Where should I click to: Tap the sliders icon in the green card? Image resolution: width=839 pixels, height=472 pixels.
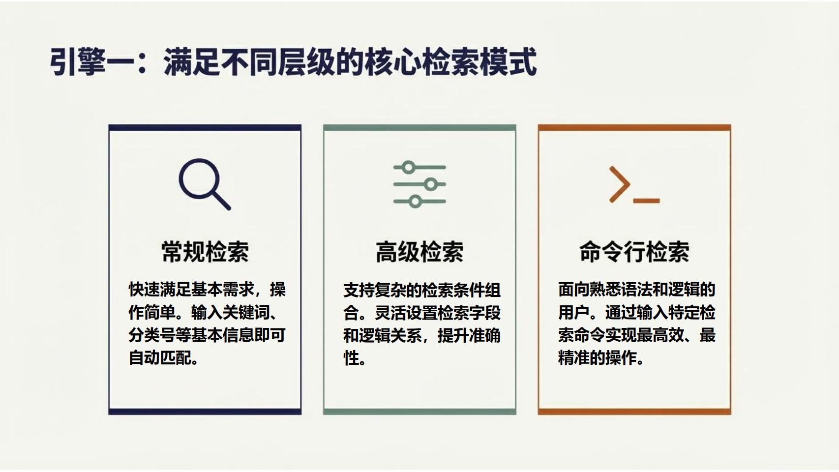pyautogui.click(x=419, y=184)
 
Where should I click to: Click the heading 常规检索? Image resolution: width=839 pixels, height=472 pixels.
pyautogui.click(x=205, y=252)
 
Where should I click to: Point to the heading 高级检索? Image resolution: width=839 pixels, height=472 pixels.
pyautogui.click(x=419, y=252)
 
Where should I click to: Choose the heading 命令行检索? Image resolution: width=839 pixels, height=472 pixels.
pyautogui.click(x=634, y=252)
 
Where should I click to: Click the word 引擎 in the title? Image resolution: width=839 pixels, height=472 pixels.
pyautogui.click(x=78, y=62)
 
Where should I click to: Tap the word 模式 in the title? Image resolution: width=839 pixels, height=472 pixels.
pyautogui.click(x=509, y=62)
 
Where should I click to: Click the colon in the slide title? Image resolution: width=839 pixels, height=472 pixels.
pyautogui.click(x=142, y=62)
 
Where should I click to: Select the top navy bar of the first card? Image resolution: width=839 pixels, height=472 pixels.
pyautogui.click(x=205, y=127)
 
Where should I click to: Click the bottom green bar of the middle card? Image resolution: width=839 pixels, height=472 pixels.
pyautogui.click(x=419, y=412)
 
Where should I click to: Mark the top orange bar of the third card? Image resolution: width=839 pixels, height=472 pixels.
pyautogui.click(x=634, y=127)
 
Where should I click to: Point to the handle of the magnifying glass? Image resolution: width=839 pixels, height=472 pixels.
pyautogui.click(x=221, y=201)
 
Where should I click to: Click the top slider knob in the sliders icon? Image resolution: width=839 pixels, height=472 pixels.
pyautogui.click(x=409, y=167)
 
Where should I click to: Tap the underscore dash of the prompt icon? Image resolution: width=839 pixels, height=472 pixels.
pyautogui.click(x=647, y=201)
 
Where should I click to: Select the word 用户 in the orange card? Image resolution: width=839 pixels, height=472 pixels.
pyautogui.click(x=574, y=312)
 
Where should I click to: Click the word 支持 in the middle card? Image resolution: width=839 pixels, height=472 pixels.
pyautogui.click(x=359, y=290)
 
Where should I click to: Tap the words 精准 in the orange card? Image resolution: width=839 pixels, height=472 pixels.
pyautogui.click(x=574, y=358)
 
